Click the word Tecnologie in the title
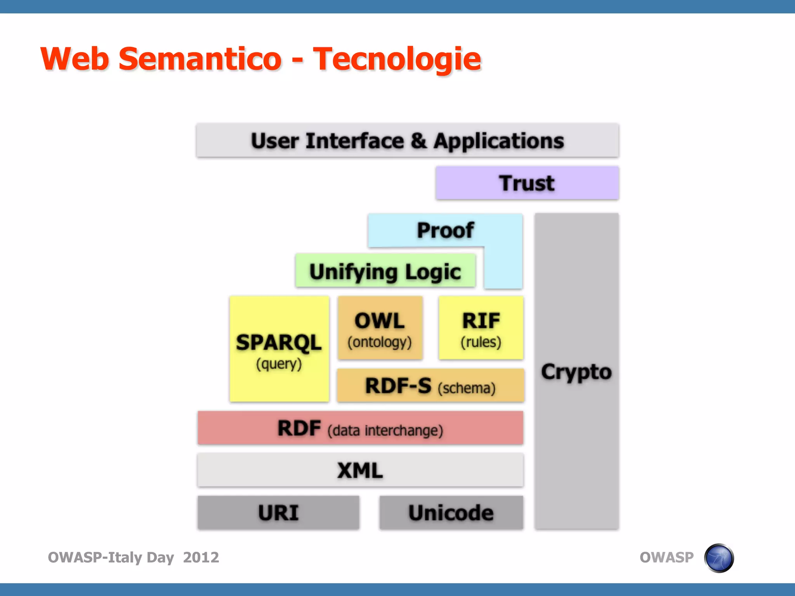coord(397,59)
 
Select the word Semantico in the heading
coord(200,59)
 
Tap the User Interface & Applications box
coord(407,140)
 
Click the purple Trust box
coord(527,183)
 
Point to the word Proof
coord(445,230)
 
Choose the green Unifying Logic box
coord(385,271)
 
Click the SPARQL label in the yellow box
coord(279,342)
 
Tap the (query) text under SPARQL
coord(279,364)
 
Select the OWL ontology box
coord(380,328)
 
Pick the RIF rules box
coord(481,328)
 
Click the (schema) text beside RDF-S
coord(467,388)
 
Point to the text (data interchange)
coord(385,431)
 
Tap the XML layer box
coord(360,470)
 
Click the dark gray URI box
coord(278,513)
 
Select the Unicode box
coord(451,513)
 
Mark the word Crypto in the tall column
coord(576,372)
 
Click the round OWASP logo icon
coord(719,558)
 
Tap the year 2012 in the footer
coord(201,558)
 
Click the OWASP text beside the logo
coord(667,558)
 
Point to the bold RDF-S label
coord(398,386)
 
